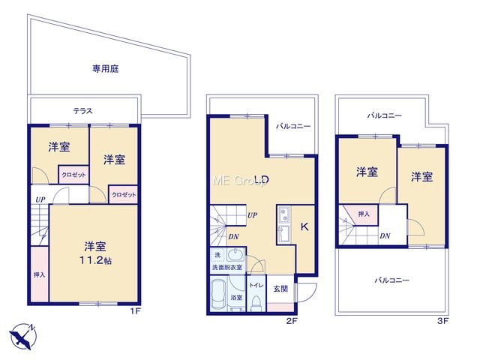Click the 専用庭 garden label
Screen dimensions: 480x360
click(105, 68)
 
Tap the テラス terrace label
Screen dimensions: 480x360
click(82, 111)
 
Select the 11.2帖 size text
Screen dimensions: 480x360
click(95, 260)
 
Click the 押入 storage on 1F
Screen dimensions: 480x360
click(40, 274)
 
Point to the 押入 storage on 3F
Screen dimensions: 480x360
click(363, 214)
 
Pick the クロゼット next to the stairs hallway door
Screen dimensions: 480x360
click(123, 194)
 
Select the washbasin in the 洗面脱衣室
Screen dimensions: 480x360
click(235, 254)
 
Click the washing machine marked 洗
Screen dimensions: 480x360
click(217, 255)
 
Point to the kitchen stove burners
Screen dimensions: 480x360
click(284, 214)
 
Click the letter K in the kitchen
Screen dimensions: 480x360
click(304, 226)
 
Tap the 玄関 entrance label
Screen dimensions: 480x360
click(280, 288)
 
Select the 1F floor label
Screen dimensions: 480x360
click(135, 311)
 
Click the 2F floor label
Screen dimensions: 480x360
click(292, 321)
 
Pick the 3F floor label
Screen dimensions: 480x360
click(443, 321)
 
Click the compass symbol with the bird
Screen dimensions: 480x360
click(22, 336)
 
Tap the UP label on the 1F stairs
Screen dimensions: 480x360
click(40, 200)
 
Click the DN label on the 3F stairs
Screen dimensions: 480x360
click(385, 235)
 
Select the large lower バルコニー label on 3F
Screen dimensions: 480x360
click(392, 280)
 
